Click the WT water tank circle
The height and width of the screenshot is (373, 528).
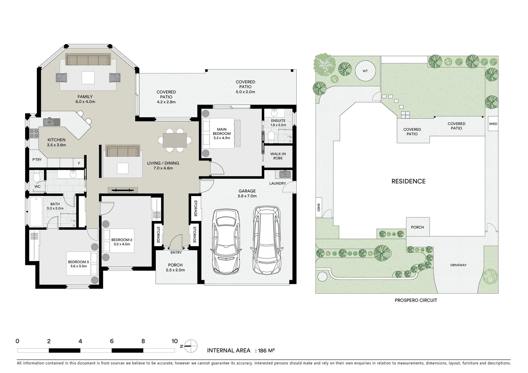coord(365,71)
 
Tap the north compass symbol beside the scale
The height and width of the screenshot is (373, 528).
coord(191,345)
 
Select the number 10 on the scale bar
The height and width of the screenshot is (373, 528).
coord(174,341)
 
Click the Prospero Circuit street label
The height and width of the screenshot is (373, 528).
coord(416,300)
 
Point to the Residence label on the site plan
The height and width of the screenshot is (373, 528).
coord(408,181)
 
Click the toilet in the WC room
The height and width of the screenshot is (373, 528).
coord(37,177)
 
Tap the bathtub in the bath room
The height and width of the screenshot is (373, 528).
coord(36,211)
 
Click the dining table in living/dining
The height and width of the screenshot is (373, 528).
coord(175,140)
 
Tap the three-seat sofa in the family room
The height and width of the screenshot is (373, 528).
coord(88,60)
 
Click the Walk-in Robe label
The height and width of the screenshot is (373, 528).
coord(278,156)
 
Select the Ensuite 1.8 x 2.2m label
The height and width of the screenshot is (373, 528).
coord(278,123)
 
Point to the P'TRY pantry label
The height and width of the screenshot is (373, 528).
coord(37,160)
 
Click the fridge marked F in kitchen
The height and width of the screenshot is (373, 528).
coord(79,163)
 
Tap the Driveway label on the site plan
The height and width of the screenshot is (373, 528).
coord(458,265)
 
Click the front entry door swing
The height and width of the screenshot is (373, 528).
coord(176,241)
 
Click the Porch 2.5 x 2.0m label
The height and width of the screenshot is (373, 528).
coord(175,268)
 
